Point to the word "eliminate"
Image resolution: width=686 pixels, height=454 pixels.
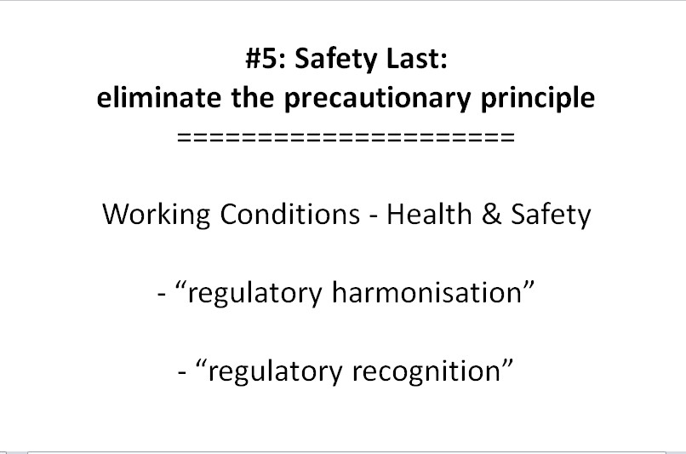pyautogui.click(x=158, y=97)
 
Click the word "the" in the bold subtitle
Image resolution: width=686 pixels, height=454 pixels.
pyautogui.click(x=253, y=97)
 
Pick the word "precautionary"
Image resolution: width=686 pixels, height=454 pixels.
pyautogui.click(x=377, y=100)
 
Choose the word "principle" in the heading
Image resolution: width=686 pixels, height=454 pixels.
pyautogui.click(x=538, y=99)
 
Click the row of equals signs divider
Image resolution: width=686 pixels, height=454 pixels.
pyautogui.click(x=346, y=137)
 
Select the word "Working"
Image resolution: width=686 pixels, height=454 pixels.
pyautogui.click(x=157, y=216)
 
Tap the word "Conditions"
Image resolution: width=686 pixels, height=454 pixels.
pyautogui.click(x=289, y=214)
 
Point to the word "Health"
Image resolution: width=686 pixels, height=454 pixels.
pyautogui.click(x=429, y=214)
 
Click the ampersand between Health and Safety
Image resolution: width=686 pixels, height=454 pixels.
pyautogui.click(x=492, y=214)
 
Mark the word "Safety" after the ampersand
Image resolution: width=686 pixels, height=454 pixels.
pyautogui.click(x=551, y=216)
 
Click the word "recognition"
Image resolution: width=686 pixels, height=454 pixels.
pyautogui.click(x=426, y=372)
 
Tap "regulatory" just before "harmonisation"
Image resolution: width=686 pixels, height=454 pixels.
pyautogui.click(x=254, y=294)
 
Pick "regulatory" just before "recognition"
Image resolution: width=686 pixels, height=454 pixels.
pyautogui.click(x=275, y=372)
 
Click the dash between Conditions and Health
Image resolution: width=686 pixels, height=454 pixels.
pyautogui.click(x=373, y=216)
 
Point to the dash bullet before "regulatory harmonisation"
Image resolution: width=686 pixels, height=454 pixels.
pyautogui.click(x=162, y=295)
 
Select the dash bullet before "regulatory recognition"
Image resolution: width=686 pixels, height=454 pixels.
pyautogui.click(x=182, y=373)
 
